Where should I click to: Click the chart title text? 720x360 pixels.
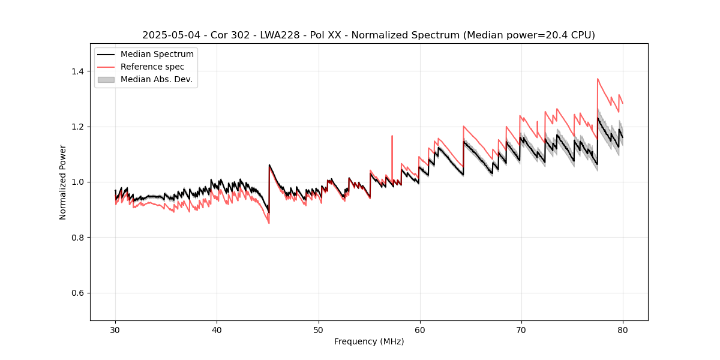(x=368, y=35)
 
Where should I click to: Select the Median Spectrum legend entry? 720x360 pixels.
(x=157, y=54)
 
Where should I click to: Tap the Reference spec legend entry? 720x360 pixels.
(x=152, y=67)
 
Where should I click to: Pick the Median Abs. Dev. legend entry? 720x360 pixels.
(x=156, y=79)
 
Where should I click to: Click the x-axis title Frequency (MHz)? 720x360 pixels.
(x=369, y=341)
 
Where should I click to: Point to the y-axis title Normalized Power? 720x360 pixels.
(x=63, y=182)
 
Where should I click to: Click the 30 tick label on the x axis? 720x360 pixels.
(x=115, y=329)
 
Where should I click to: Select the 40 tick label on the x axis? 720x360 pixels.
(x=217, y=329)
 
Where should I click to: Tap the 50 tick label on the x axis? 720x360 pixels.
(x=318, y=329)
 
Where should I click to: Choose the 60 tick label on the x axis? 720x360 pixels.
(x=419, y=329)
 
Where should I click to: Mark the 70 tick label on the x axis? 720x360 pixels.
(x=521, y=329)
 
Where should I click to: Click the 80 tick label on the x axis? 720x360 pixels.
(x=622, y=329)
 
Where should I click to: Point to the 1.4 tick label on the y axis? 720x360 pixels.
(x=77, y=71)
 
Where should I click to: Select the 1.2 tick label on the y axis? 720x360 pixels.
(x=77, y=127)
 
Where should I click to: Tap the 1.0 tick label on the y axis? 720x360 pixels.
(x=77, y=182)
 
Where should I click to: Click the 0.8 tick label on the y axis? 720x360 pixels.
(x=77, y=238)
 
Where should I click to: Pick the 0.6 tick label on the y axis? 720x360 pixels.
(x=77, y=293)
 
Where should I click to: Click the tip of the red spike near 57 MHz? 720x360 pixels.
(x=392, y=136)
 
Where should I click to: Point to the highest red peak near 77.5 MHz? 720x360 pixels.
(x=598, y=79)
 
